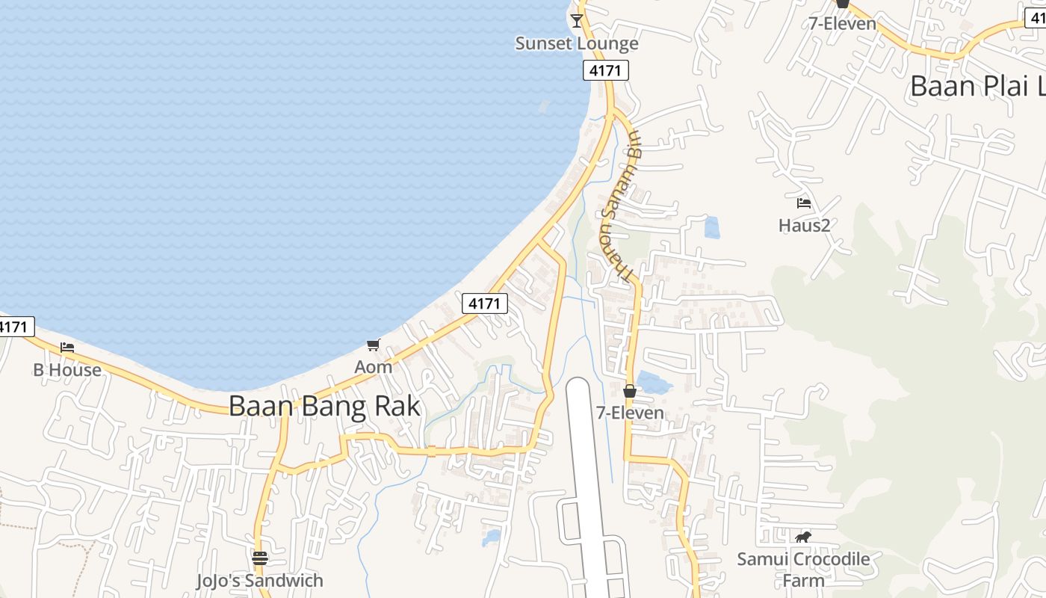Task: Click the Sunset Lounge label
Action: coord(577,43)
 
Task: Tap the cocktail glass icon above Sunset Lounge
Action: coord(577,19)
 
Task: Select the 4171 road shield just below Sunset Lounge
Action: coord(605,70)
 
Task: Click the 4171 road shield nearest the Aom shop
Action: coord(485,303)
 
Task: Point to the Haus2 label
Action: coord(804,225)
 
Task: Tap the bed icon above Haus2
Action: coord(804,203)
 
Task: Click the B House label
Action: coord(67,370)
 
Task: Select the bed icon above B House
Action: coord(67,348)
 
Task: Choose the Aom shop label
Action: coord(373,367)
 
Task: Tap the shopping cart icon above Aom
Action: coord(373,345)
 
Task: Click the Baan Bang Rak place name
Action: coord(324,406)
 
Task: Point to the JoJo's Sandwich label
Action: coord(260,581)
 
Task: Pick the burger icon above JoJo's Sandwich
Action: coord(260,558)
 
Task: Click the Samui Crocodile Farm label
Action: coord(804,569)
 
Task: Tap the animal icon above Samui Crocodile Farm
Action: coord(804,537)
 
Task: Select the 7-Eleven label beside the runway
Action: coord(630,413)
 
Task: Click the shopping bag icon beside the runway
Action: coord(630,391)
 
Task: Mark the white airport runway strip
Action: coord(587,463)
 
